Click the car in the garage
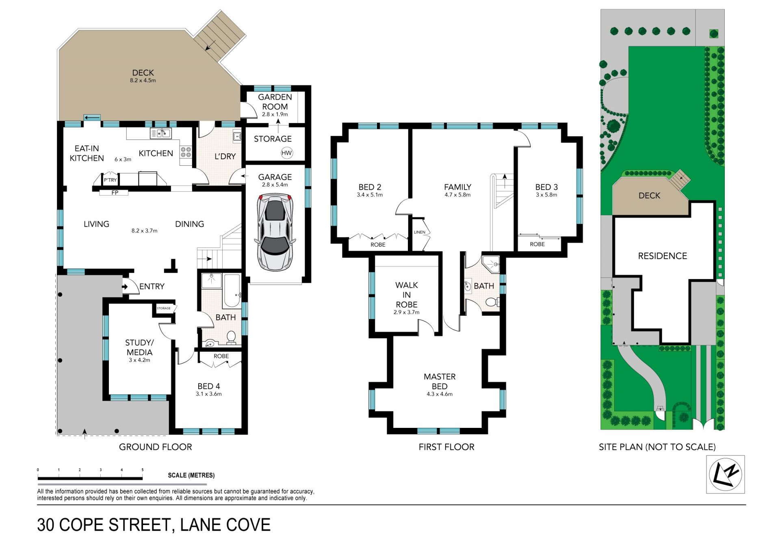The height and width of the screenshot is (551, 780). click(275, 232)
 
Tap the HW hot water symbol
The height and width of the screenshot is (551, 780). click(286, 153)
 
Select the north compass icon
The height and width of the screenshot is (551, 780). click(725, 474)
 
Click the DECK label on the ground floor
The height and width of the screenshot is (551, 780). click(143, 72)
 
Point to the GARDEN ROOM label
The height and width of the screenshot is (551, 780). click(275, 102)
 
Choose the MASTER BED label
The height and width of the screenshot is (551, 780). click(440, 381)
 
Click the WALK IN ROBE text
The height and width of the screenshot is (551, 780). click(407, 295)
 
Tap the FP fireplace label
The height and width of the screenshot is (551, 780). click(115, 193)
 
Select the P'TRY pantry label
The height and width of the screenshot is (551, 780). click(110, 180)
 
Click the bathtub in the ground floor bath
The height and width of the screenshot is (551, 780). click(232, 291)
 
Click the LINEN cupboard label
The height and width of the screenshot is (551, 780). click(420, 232)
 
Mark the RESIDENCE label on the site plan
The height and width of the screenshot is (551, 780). click(663, 256)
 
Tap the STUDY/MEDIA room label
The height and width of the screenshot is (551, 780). click(139, 347)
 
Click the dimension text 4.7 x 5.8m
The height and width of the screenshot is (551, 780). click(457, 195)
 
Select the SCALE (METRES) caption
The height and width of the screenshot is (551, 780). click(191, 475)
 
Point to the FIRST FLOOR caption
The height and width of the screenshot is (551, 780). click(446, 447)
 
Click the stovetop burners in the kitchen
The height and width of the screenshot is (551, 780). click(186, 152)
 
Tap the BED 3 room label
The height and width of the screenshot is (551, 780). click(546, 187)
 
